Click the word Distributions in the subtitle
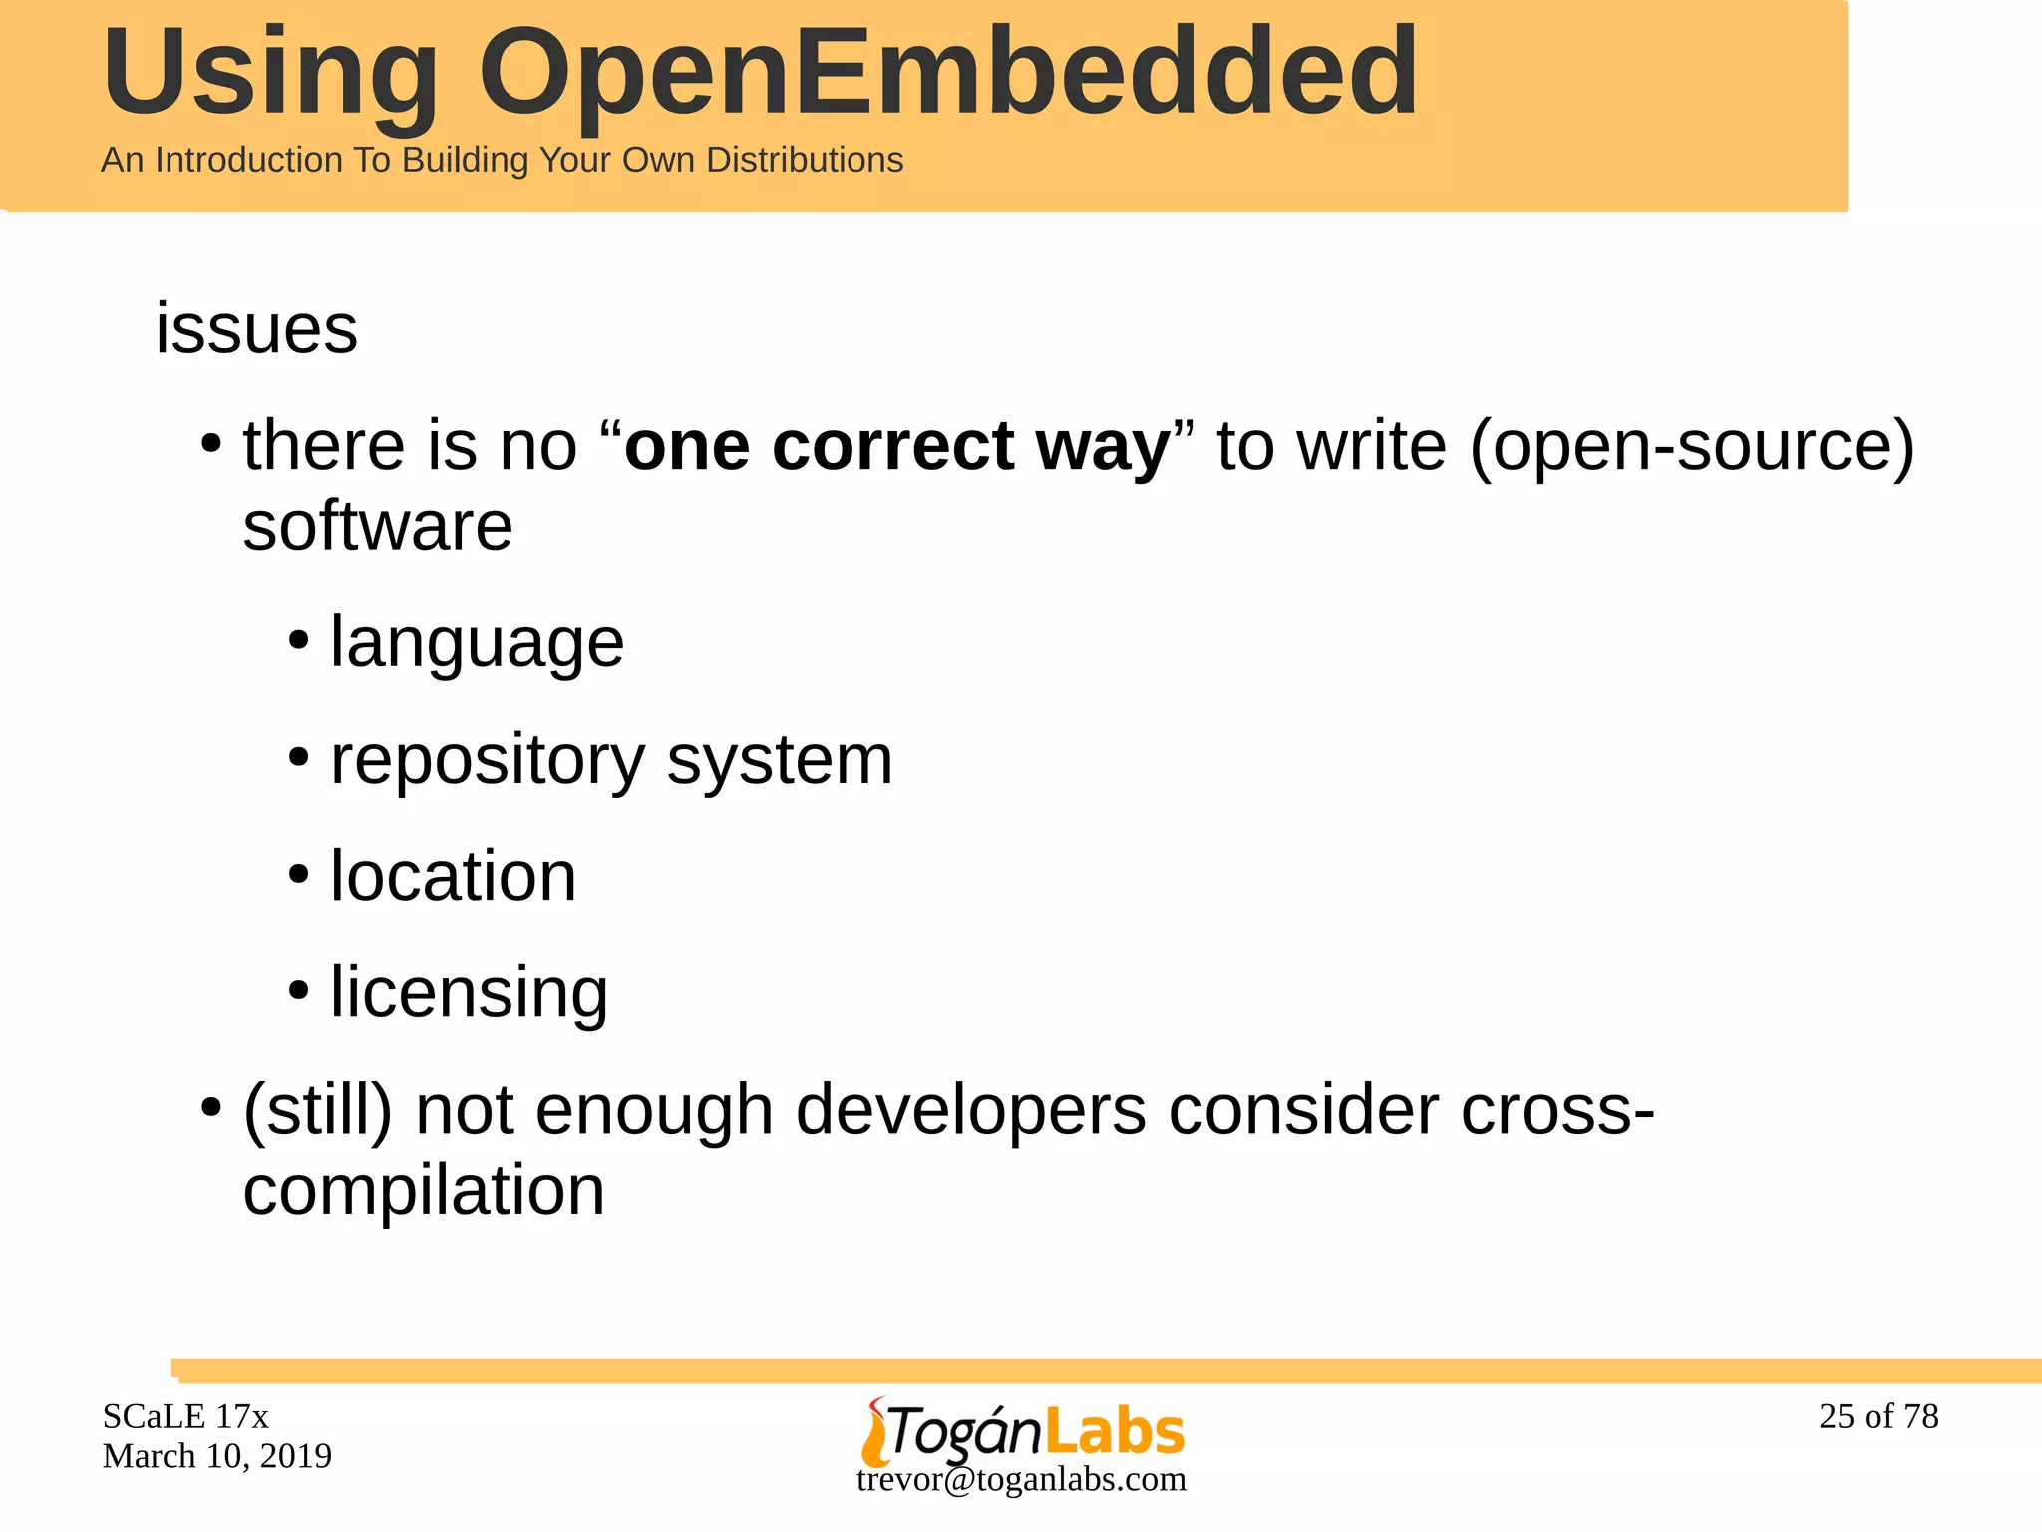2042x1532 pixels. point(805,160)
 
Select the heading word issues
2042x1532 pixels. point(256,329)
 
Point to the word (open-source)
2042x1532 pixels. point(1691,447)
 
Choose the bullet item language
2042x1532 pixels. point(477,643)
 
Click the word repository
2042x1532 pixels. point(488,760)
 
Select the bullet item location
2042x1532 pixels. point(453,877)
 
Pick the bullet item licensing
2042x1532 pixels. point(469,993)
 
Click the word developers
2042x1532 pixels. point(970,1110)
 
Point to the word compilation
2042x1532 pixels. point(424,1191)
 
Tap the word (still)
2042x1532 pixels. point(318,1110)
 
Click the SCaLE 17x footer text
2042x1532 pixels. point(185,1416)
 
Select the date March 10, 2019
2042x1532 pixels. point(217,1456)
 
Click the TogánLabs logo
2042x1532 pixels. point(1022,1431)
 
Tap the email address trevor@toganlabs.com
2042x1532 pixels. point(1021,1480)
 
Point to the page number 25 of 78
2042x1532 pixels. point(1878,1416)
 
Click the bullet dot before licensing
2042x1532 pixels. point(298,991)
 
